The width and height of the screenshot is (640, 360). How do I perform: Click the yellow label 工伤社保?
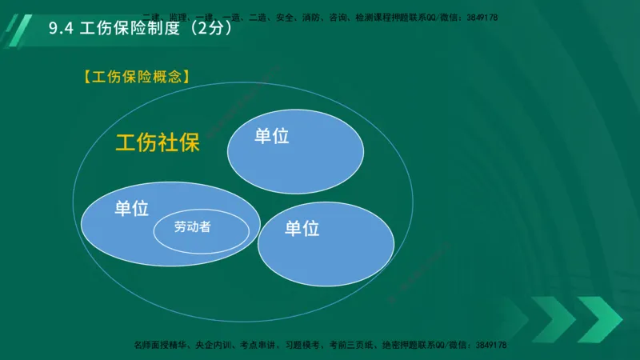[157, 143]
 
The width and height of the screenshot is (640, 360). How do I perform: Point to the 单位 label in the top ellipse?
[271, 136]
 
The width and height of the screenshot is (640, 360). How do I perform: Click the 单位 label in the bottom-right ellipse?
[302, 229]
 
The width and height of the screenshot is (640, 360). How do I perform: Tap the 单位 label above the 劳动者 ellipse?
[131, 209]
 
